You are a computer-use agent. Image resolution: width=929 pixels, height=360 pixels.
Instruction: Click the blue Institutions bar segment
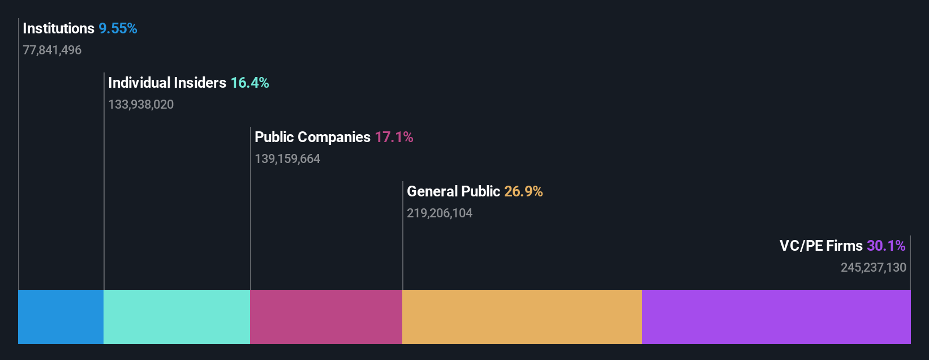tap(61, 317)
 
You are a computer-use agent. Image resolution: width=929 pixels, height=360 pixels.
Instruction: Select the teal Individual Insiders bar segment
tap(177, 317)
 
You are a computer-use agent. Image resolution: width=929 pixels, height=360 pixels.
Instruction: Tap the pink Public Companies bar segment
tap(326, 317)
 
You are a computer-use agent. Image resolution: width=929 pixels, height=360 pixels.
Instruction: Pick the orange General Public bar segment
tap(522, 317)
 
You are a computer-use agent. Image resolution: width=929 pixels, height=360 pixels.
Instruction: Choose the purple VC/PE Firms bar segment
tap(776, 317)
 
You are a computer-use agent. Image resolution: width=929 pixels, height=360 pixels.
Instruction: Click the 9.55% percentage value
tap(118, 28)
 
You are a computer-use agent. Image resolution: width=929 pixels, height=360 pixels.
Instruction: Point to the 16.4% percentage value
tap(250, 83)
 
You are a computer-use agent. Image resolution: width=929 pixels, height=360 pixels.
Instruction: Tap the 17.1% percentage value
tap(394, 137)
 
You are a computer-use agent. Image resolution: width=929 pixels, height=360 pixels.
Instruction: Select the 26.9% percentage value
tap(523, 191)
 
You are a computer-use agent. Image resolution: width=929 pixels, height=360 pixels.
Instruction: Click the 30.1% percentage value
tap(886, 246)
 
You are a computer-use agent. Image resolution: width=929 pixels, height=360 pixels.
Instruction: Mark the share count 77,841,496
tap(52, 50)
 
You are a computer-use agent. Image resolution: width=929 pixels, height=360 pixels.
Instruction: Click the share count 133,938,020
tap(141, 105)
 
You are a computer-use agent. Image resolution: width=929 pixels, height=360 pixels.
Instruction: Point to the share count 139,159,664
tap(287, 159)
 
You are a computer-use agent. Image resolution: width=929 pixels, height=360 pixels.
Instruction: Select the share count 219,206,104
tap(440, 213)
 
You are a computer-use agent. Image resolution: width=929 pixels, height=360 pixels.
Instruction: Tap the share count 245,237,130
tap(874, 268)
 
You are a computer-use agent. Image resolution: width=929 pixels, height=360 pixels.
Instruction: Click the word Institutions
tap(58, 28)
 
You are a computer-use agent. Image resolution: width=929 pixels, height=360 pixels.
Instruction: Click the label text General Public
tap(453, 191)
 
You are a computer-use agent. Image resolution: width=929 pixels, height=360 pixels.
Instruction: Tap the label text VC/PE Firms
tap(821, 246)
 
